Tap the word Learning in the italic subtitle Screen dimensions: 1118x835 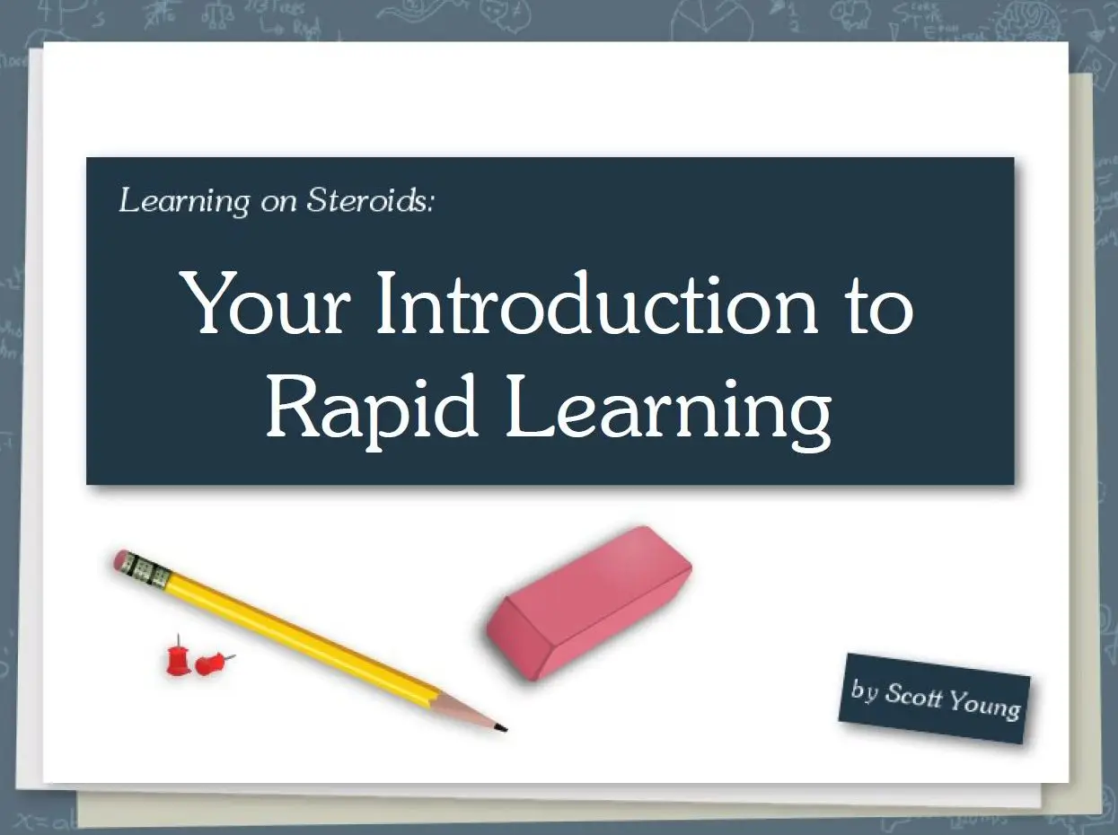click(x=184, y=201)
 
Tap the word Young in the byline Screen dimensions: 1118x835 click(x=984, y=705)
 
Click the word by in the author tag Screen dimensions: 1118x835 click(x=865, y=690)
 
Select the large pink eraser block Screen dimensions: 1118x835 click(x=588, y=602)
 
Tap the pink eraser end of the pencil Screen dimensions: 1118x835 click(x=121, y=560)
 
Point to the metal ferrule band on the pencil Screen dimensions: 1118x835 click(x=147, y=570)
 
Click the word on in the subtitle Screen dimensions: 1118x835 click(x=278, y=203)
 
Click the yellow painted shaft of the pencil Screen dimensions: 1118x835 click(x=302, y=637)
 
